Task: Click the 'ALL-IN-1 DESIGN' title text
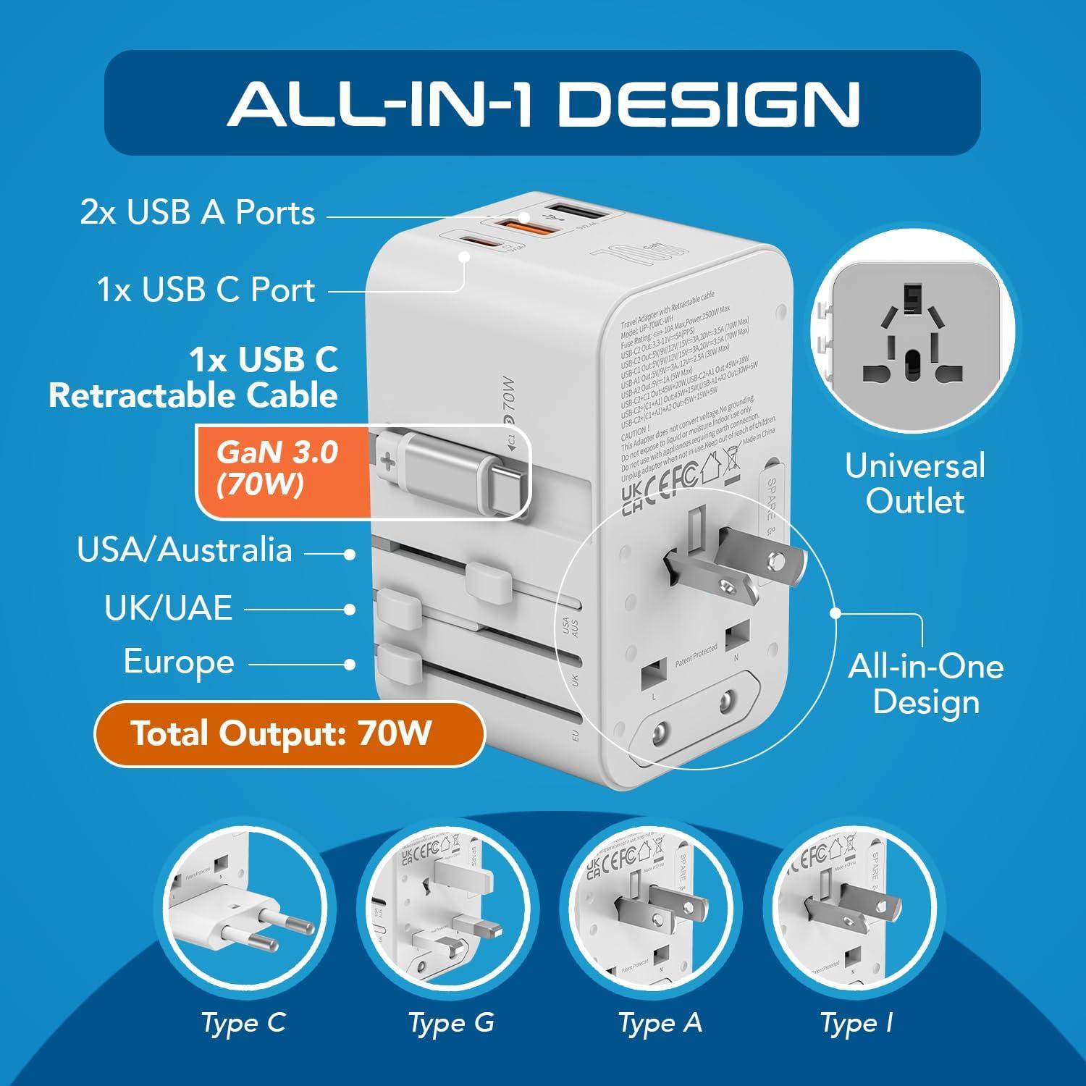(543, 103)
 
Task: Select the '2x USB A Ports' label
(198, 213)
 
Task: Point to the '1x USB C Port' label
(206, 290)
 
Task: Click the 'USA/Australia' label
(185, 550)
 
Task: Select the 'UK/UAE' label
(168, 608)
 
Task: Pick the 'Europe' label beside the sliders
(179, 662)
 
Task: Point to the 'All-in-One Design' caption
(926, 683)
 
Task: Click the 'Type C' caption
(243, 1023)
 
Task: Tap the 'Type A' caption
(660, 1023)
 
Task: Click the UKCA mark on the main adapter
(631, 499)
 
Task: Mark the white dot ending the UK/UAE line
(350, 610)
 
